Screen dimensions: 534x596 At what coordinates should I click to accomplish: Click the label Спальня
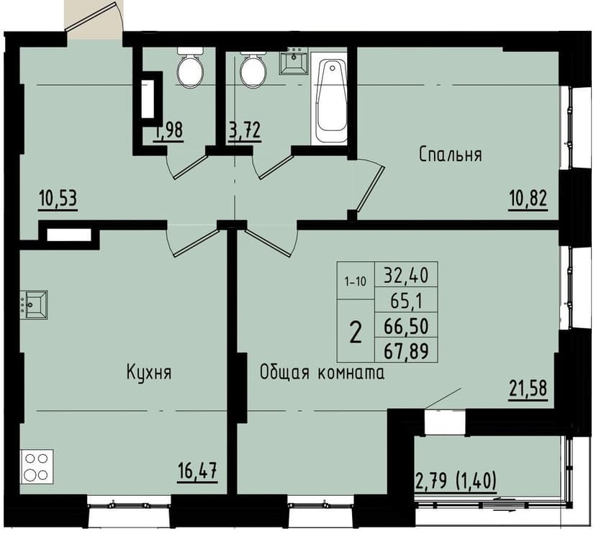[451, 154]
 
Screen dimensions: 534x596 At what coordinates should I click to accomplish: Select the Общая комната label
[322, 372]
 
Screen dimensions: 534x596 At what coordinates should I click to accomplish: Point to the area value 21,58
[528, 389]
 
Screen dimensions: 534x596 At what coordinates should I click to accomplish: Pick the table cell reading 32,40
[406, 274]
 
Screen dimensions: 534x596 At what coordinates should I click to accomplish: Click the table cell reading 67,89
[406, 350]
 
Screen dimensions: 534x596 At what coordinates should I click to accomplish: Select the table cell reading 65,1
[406, 300]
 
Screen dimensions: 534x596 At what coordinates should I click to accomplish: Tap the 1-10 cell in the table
[355, 281]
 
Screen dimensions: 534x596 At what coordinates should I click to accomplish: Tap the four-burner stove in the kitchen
[37, 466]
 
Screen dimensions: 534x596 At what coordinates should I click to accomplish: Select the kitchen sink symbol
[33, 304]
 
